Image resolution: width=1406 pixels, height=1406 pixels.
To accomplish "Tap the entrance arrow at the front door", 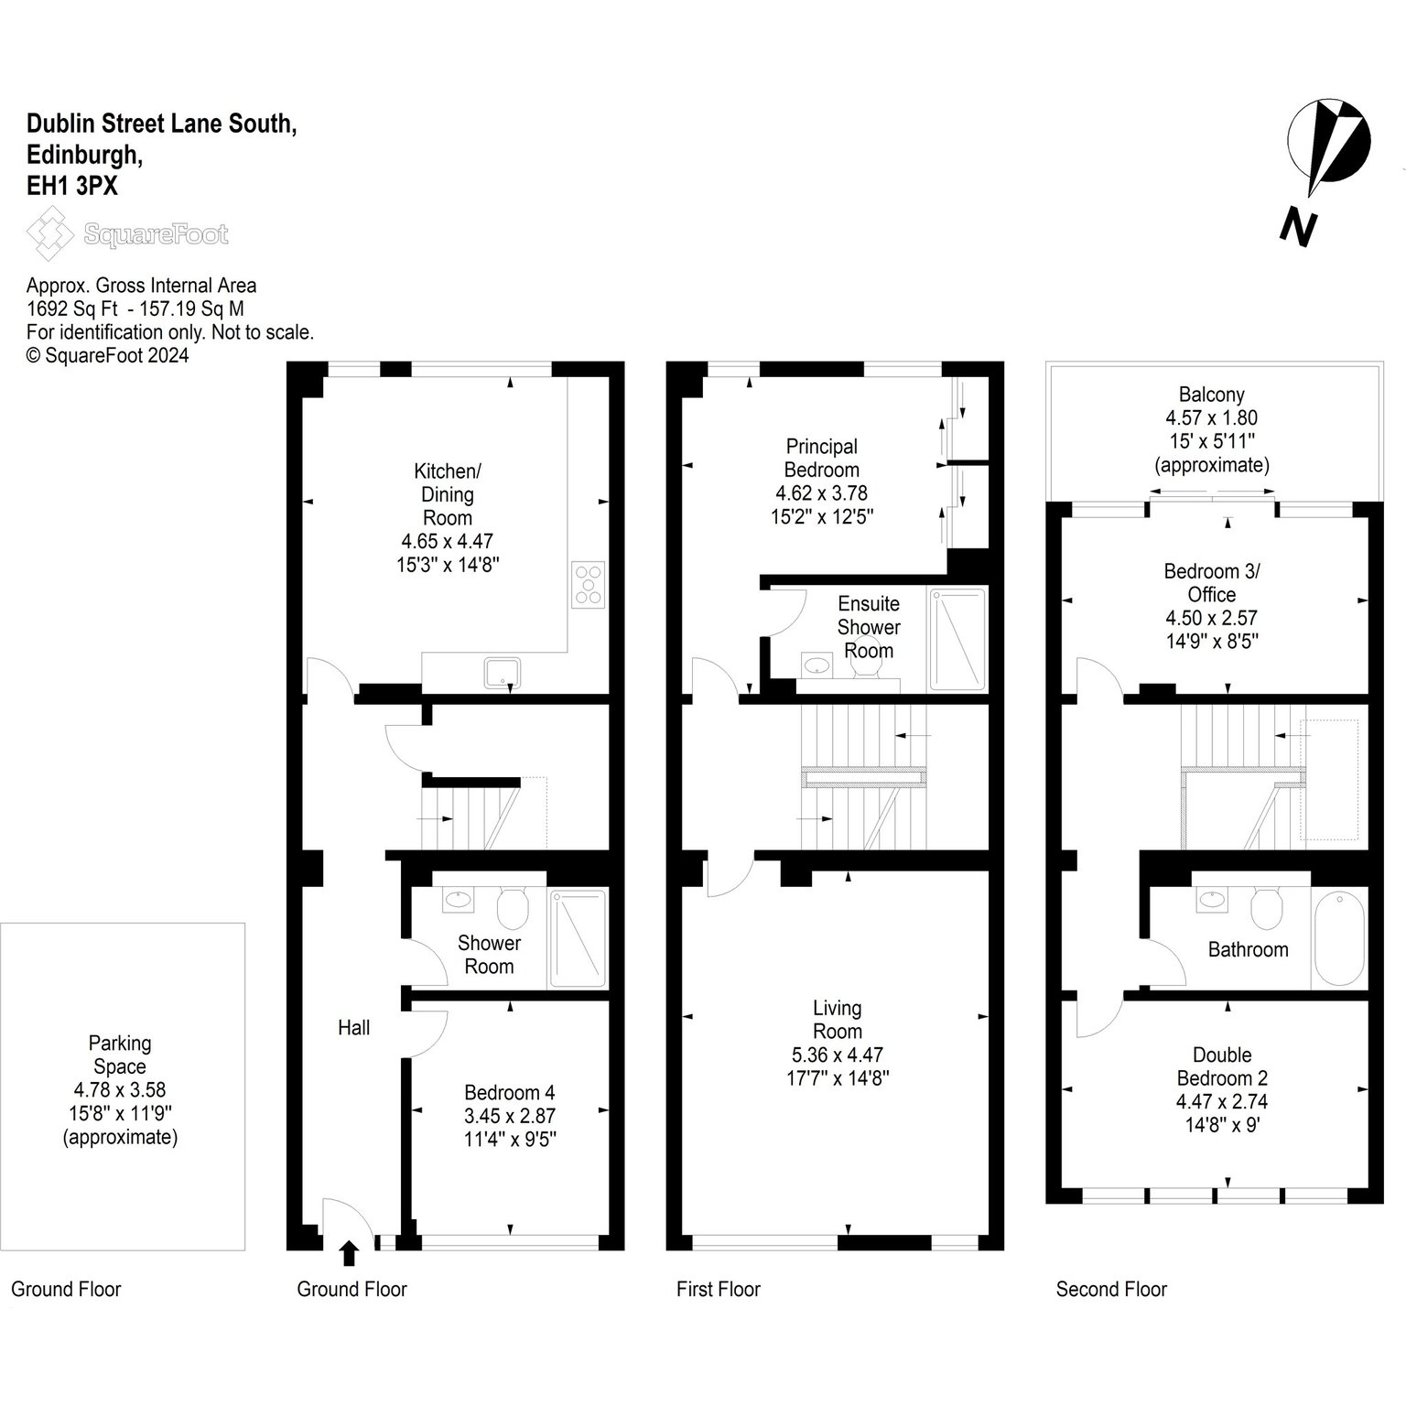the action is [349, 1253].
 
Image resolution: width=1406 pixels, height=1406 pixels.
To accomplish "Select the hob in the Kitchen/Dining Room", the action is [589, 584].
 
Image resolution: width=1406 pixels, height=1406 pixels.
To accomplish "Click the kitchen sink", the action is [503, 673].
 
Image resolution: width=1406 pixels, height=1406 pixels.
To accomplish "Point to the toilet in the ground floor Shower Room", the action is [513, 907].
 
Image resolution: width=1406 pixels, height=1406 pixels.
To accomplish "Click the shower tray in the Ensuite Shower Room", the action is [957, 639].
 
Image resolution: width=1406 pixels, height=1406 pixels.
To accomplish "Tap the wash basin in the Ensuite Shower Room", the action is [815, 665].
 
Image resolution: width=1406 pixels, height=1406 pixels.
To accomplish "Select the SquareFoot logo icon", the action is [49, 233].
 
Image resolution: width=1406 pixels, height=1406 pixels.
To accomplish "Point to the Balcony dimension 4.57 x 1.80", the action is [1211, 418].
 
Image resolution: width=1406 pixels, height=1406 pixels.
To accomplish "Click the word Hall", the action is [353, 1028].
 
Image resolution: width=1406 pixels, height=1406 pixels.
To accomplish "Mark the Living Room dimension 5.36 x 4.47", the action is [837, 1055].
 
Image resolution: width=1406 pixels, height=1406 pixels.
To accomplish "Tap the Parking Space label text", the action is [120, 1054].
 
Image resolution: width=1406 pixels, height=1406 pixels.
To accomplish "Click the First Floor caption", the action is [719, 1290].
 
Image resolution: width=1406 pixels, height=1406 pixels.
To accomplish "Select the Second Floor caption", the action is [1111, 1290].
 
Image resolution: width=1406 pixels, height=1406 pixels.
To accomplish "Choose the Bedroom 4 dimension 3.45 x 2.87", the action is [509, 1116].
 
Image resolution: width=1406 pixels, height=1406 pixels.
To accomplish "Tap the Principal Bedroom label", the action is [822, 458].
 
